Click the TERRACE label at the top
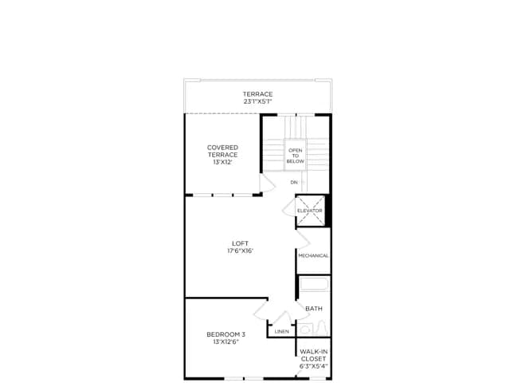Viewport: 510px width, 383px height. pos(257,94)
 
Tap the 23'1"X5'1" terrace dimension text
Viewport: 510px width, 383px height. pos(257,101)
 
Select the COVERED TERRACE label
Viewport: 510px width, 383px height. pos(223,151)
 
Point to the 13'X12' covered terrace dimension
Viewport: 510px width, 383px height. pos(223,162)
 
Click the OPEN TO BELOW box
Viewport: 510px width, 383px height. pos(296,155)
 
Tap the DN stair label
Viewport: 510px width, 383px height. pos(294,183)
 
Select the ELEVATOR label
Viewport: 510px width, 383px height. pos(310,211)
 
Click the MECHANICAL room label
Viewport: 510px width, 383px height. pos(313,255)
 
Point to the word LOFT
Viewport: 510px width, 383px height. pos(241,243)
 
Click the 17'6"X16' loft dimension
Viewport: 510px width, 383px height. pos(241,251)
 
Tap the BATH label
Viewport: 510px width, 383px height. pos(314,308)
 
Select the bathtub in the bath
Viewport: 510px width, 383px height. pos(314,284)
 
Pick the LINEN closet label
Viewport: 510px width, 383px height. pos(281,332)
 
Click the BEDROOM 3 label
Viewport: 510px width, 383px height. pos(226,334)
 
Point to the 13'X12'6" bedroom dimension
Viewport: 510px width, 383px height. pos(226,342)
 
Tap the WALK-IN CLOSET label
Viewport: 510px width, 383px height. pos(313,355)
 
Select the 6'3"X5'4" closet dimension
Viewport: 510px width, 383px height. pos(313,366)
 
